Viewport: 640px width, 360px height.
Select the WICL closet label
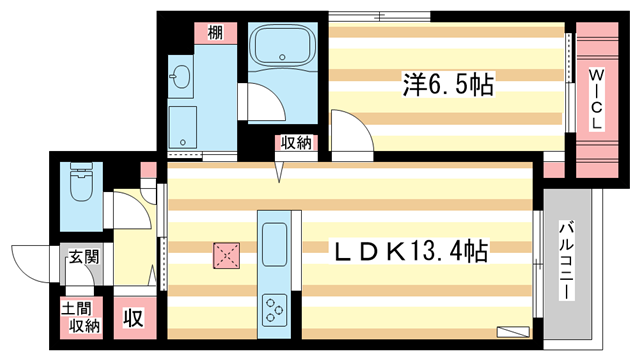coord(594,98)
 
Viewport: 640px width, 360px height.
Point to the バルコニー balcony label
coord(564,265)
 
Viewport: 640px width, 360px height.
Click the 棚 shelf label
coord(215,32)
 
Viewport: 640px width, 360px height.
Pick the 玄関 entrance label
coord(83,257)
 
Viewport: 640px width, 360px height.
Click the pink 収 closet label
coord(132,319)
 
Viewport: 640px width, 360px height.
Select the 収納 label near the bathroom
coord(296,144)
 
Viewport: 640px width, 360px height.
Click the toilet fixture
coord(80,185)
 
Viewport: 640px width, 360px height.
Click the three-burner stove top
coord(275,310)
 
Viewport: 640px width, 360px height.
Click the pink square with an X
coord(226,256)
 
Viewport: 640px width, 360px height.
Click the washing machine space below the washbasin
coord(182,126)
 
